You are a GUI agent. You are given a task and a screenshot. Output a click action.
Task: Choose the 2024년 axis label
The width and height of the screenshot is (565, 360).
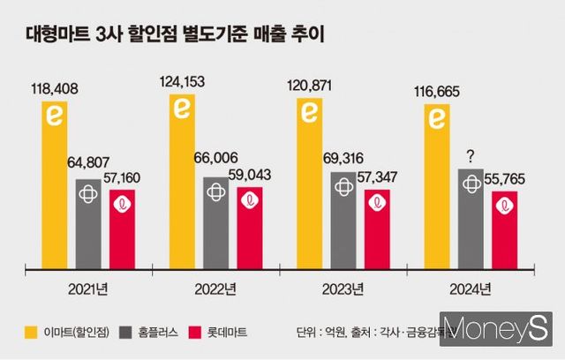coord(471,289)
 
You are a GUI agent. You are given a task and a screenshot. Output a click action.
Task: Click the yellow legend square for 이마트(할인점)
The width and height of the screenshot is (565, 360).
coord(30,333)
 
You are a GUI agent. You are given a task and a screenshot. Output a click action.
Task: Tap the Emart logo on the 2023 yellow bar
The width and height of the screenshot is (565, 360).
coord(310,113)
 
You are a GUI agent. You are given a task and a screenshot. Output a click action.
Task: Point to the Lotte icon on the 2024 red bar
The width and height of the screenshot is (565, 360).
coord(504,206)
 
